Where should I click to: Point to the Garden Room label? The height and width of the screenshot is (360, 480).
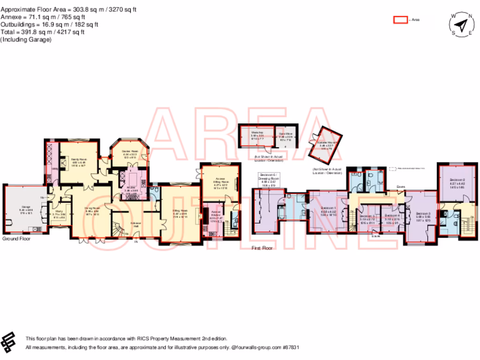tap(129, 151)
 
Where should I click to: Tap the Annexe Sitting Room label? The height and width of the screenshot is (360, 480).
tap(220, 180)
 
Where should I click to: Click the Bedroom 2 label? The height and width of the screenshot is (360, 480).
tap(457, 180)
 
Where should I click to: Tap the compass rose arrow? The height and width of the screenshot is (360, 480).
tap(462, 23)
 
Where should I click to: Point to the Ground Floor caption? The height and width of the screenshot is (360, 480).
tap(16, 239)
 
